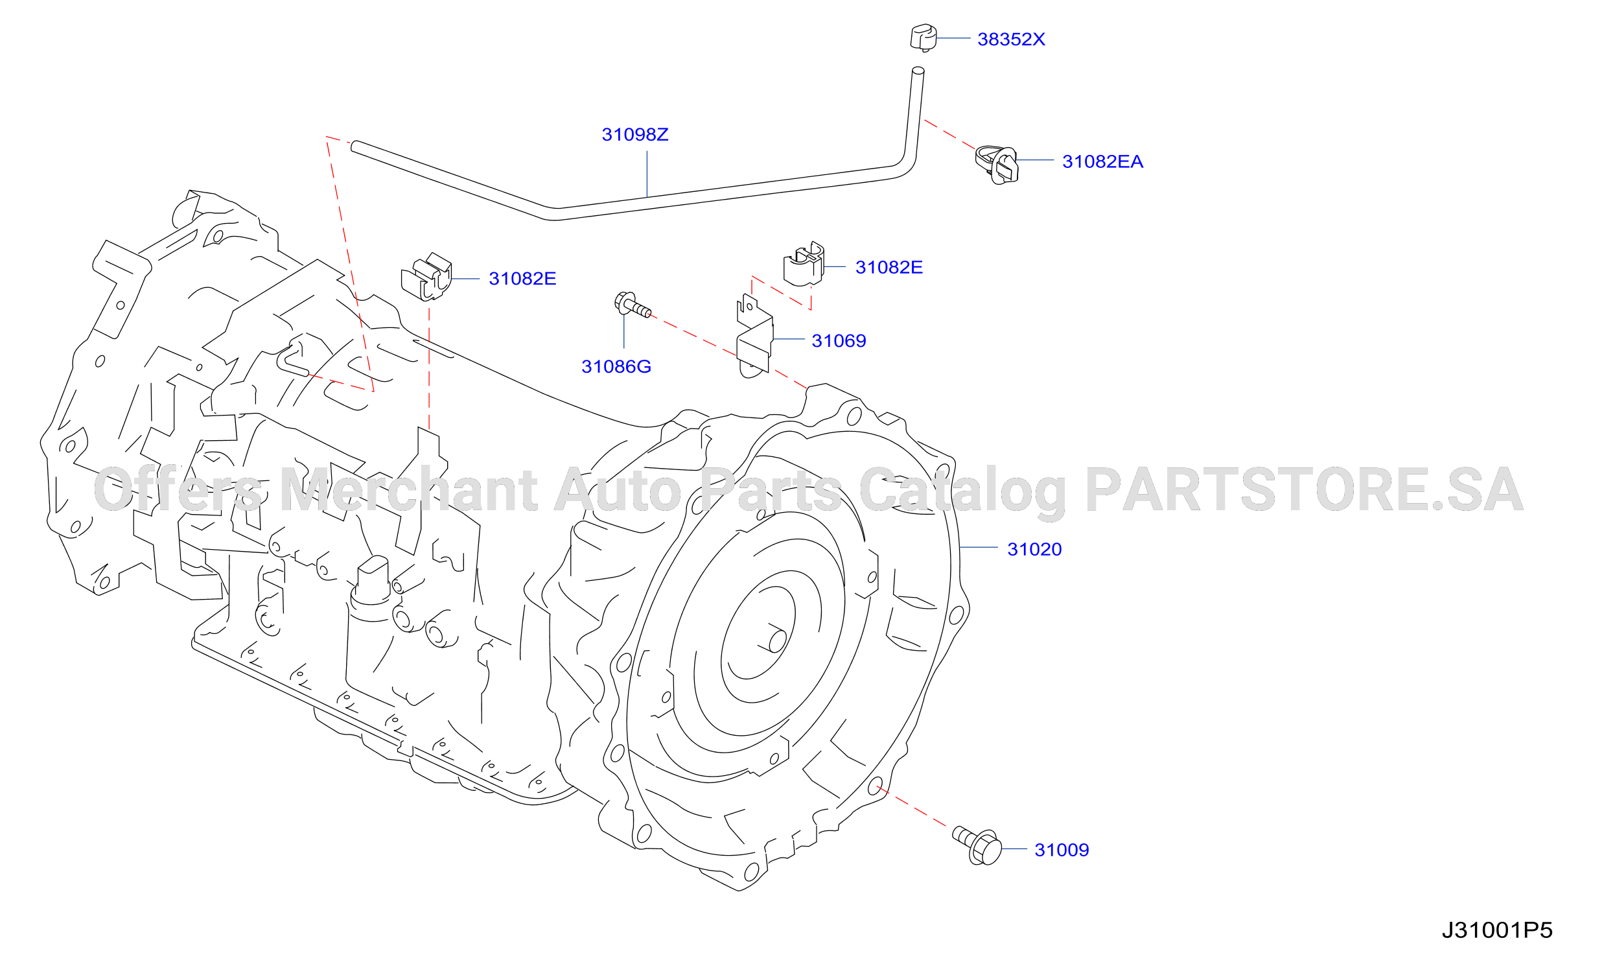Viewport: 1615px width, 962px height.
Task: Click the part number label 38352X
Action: [1011, 40]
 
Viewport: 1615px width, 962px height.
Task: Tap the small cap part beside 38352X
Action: [923, 38]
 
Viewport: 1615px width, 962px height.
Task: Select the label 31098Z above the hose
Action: [635, 135]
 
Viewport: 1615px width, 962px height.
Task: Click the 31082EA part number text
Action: [1102, 162]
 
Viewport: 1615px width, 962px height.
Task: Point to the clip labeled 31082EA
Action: [997, 165]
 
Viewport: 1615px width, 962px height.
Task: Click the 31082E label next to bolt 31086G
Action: [522, 279]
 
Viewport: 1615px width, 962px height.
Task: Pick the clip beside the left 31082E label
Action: [426, 277]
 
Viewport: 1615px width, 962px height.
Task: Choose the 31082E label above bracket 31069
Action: [889, 268]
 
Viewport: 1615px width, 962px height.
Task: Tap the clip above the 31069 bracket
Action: [804, 264]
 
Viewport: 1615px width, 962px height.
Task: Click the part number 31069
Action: [839, 341]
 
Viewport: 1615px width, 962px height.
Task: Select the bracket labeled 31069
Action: [755, 336]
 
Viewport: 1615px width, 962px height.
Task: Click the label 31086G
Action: [616, 367]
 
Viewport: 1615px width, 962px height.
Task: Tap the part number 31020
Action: [1034, 550]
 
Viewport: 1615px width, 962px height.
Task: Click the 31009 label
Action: [1062, 851]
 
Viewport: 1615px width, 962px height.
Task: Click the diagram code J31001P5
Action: [1497, 931]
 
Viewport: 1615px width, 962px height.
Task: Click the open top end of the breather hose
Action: [918, 71]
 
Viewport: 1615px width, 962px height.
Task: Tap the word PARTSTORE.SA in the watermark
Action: [1304, 490]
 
